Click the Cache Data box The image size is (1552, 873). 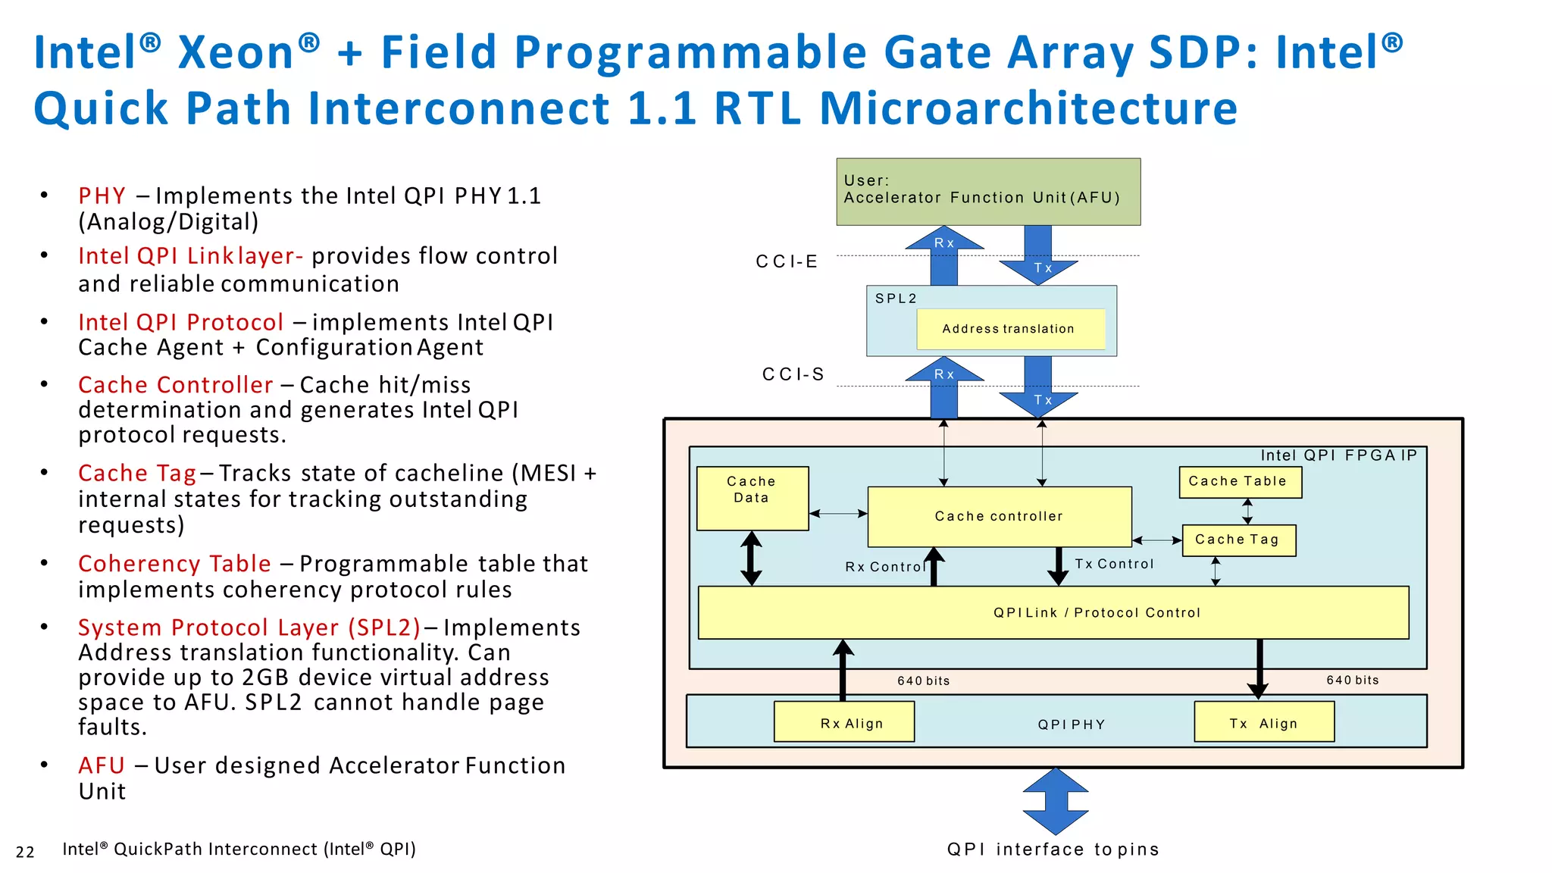[752, 498]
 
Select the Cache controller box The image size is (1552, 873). [999, 516]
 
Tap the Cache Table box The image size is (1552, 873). [1240, 482]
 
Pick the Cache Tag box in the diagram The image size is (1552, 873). [1238, 540]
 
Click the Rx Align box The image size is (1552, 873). [843, 721]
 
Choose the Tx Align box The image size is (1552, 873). [1263, 721]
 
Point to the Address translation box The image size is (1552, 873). [1009, 329]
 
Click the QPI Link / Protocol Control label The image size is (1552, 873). [1097, 612]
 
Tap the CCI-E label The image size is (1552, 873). [787, 261]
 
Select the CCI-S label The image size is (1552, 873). [793, 374]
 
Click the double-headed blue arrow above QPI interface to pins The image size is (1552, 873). [1055, 801]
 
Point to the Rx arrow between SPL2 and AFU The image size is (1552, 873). [944, 255]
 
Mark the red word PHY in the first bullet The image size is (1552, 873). [102, 196]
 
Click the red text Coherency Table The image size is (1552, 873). [174, 564]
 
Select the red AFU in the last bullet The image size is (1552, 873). [102, 765]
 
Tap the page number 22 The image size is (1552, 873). [25, 852]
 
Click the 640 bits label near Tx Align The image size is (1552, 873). [1352, 680]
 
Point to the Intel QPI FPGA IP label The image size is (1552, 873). [1338, 455]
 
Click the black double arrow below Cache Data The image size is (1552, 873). [751, 559]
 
